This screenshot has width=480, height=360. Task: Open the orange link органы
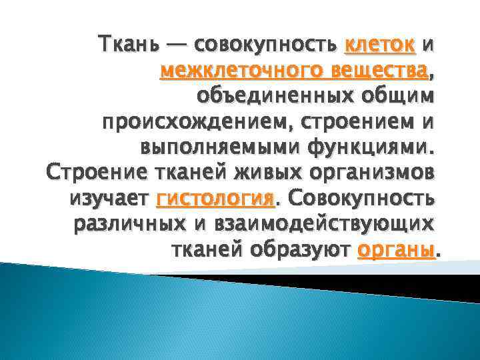[396, 250]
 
